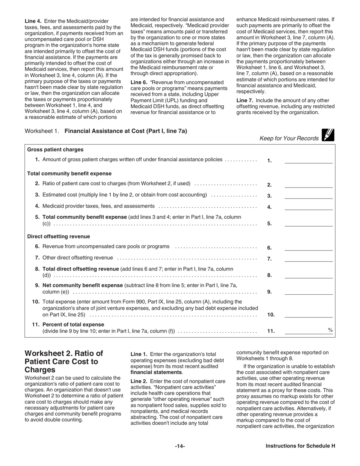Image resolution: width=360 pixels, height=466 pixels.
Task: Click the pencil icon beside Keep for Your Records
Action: point(328,135)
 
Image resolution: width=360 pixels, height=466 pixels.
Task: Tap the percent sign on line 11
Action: point(330,330)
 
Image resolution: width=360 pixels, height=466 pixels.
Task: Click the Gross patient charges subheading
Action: point(55,150)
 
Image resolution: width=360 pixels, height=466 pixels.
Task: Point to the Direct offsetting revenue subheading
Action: point(58,236)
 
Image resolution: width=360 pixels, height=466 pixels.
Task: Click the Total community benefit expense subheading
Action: point(69,174)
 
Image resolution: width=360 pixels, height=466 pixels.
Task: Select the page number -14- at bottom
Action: point(180,446)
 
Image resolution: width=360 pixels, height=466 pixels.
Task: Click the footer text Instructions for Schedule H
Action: point(300,446)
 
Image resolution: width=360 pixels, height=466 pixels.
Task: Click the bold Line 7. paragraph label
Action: point(244,100)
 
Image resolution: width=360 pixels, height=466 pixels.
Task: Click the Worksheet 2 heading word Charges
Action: point(40,369)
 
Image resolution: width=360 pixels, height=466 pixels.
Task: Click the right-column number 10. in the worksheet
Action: point(271,314)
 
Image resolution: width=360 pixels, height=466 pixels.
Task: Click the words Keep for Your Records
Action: point(289,138)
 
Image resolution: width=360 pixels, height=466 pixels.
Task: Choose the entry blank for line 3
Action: point(308,195)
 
